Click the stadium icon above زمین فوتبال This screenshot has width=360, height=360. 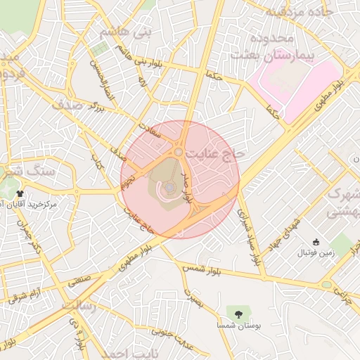tap(316, 242)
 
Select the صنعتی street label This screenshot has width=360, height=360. tap(81, 280)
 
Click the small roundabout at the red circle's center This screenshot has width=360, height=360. tap(179, 152)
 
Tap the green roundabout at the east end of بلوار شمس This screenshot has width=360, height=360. tap(327, 284)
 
